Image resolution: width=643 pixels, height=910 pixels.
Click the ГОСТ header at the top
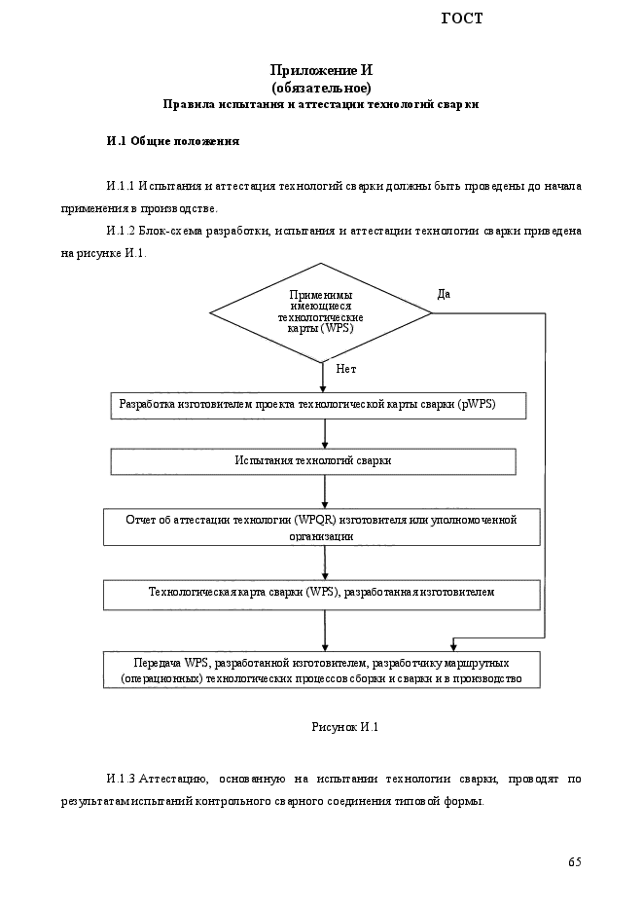(x=461, y=18)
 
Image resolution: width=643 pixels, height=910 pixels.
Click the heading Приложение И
(x=321, y=70)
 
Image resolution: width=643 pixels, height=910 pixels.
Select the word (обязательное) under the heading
(x=321, y=88)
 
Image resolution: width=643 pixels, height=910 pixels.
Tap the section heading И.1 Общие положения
(x=173, y=141)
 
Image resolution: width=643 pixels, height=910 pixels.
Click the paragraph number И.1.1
(x=121, y=186)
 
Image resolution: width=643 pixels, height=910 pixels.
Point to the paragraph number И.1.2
(x=121, y=231)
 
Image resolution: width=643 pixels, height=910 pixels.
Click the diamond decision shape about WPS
(x=321, y=312)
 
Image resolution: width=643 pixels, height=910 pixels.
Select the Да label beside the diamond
(x=444, y=294)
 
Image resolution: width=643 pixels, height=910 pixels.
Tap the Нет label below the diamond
(x=346, y=369)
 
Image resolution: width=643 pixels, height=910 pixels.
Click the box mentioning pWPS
(x=318, y=406)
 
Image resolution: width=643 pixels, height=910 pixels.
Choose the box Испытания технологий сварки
(x=313, y=461)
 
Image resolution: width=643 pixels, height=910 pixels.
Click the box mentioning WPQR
(x=322, y=528)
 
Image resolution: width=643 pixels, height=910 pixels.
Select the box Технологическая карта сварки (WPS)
(x=322, y=595)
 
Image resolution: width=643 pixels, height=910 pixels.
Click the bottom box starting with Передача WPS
(x=322, y=671)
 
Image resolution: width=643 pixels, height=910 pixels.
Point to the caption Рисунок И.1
(x=345, y=727)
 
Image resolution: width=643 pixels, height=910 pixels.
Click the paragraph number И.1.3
(x=121, y=779)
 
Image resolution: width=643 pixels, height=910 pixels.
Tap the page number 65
(x=575, y=862)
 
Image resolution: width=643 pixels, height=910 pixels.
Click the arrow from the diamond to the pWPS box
(x=323, y=378)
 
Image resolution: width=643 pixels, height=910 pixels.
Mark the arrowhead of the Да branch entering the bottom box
(x=454, y=646)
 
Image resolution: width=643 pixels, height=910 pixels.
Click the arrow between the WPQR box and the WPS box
(x=325, y=563)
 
